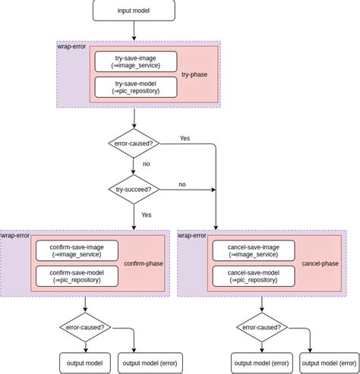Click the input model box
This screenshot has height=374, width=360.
[134, 11]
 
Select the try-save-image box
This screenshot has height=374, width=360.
[136, 61]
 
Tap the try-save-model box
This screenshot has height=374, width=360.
[136, 87]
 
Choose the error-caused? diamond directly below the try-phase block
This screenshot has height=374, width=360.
[134, 143]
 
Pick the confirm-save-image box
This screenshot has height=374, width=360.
[77, 251]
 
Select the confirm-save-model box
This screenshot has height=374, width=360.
[77, 276]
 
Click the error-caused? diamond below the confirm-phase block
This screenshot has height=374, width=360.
[85, 327]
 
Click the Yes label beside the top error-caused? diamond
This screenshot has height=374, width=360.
[185, 138]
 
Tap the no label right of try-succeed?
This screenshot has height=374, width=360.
[182, 184]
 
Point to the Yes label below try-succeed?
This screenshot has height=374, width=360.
[147, 215]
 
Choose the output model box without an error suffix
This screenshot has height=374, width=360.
[84, 362]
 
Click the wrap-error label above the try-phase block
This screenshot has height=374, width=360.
[73, 47]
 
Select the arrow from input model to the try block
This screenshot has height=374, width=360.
[134, 30]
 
